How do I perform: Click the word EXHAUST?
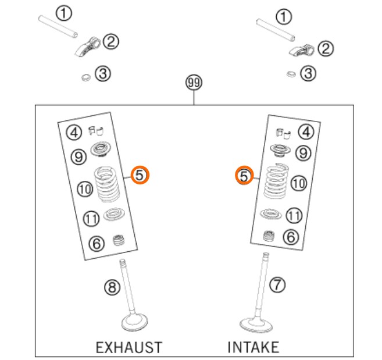click(x=129, y=347)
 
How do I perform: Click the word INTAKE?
click(x=253, y=347)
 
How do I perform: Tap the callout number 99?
click(x=194, y=83)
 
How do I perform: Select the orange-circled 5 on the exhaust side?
click(x=140, y=175)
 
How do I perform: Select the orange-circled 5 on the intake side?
click(x=244, y=175)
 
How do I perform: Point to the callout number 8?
click(x=112, y=287)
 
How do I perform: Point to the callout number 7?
click(x=277, y=284)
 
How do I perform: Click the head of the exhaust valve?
click(x=134, y=322)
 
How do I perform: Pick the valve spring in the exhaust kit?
click(x=107, y=184)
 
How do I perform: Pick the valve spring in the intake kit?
click(x=276, y=181)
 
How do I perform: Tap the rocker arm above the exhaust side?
click(x=87, y=47)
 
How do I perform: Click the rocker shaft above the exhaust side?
click(x=58, y=27)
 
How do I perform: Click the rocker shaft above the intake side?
click(x=276, y=30)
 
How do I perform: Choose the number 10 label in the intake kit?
click(x=299, y=183)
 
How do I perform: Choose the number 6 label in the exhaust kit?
click(x=97, y=243)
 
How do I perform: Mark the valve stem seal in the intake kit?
click(x=269, y=236)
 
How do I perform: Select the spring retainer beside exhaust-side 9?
click(x=101, y=149)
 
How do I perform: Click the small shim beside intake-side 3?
click(x=291, y=74)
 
